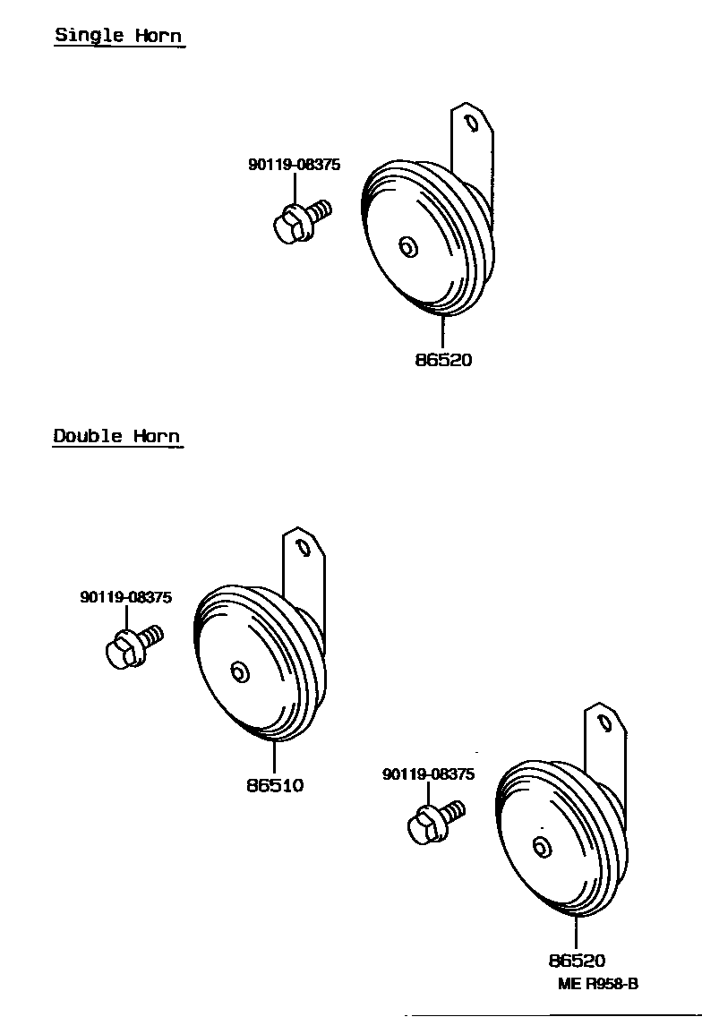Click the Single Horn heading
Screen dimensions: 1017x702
click(118, 36)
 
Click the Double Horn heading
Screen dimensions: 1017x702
click(116, 436)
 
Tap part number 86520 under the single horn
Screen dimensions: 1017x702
click(443, 360)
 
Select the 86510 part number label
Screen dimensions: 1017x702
click(275, 785)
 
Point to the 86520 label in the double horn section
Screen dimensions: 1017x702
click(577, 961)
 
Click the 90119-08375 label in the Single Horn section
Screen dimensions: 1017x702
click(294, 165)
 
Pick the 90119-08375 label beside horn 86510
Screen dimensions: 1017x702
click(126, 597)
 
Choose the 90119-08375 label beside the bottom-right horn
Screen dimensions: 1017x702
click(428, 774)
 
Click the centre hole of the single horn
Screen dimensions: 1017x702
click(408, 246)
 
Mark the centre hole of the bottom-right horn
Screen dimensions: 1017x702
click(541, 847)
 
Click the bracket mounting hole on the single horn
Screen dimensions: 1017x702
click(470, 121)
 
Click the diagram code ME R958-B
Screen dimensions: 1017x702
click(598, 983)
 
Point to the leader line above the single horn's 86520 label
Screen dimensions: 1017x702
click(442, 331)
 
